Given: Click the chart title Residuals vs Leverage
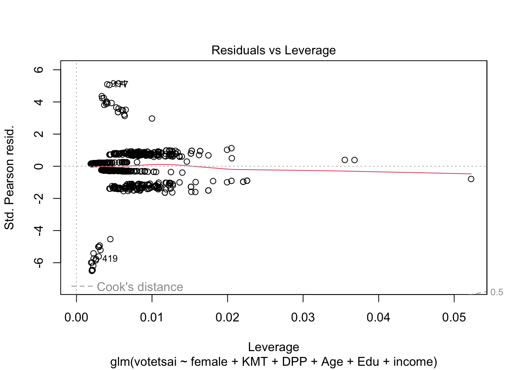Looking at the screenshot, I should (x=273, y=50).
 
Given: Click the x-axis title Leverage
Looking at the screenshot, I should (x=273, y=347).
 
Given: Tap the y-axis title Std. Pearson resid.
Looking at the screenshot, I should (x=9, y=177).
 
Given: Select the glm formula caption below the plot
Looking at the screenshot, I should (x=273, y=362).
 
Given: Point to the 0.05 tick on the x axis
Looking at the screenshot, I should (x=454, y=318).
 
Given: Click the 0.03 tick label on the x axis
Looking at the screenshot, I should (x=303, y=318).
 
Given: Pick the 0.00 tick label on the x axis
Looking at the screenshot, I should (x=76, y=318).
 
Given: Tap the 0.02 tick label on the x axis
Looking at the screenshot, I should (x=227, y=318).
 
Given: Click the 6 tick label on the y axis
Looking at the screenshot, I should (x=39, y=70).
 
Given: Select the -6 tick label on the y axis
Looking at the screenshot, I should (x=39, y=262).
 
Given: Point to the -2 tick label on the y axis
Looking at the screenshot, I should (x=39, y=198).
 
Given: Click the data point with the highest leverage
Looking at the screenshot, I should (x=471, y=179).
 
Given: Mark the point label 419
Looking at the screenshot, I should (x=110, y=259).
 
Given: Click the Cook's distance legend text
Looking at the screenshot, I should (x=140, y=287).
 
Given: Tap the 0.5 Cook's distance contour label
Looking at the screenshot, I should (x=497, y=292).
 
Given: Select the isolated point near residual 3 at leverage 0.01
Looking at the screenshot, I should (x=152, y=118).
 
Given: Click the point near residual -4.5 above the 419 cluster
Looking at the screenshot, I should (x=110, y=239).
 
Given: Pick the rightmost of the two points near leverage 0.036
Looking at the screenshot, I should (x=355, y=160).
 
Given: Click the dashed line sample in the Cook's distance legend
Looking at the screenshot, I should (x=82, y=286).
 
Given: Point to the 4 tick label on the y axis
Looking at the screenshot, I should (x=39, y=102).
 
